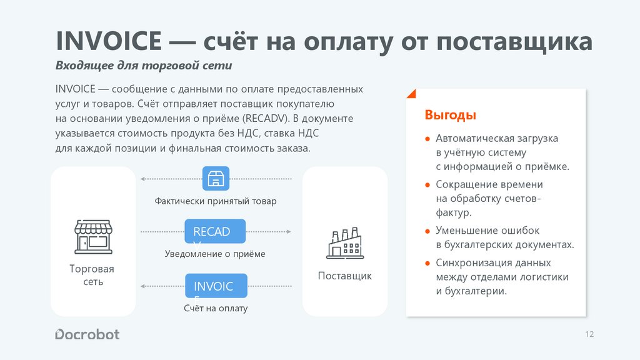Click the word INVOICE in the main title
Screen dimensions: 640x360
110,42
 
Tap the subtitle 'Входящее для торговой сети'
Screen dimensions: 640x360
144,66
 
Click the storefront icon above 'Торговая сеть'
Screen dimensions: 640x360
93,236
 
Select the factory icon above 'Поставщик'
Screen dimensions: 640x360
344,243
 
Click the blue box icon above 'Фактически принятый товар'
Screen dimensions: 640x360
216,178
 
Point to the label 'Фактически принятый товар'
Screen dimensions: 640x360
216,201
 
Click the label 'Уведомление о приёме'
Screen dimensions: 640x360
215,254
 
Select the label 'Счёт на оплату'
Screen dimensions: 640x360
216,308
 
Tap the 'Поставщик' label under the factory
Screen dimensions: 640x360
344,276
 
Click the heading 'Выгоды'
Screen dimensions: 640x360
450,115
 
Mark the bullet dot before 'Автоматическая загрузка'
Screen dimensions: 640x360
427,139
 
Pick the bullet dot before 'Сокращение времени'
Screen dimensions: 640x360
427,185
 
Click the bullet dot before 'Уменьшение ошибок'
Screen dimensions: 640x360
427,231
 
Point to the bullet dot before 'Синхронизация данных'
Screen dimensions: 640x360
427,263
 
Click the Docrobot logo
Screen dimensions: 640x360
87,334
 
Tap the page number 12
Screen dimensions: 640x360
589,334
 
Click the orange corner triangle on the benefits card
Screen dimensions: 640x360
410,94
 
